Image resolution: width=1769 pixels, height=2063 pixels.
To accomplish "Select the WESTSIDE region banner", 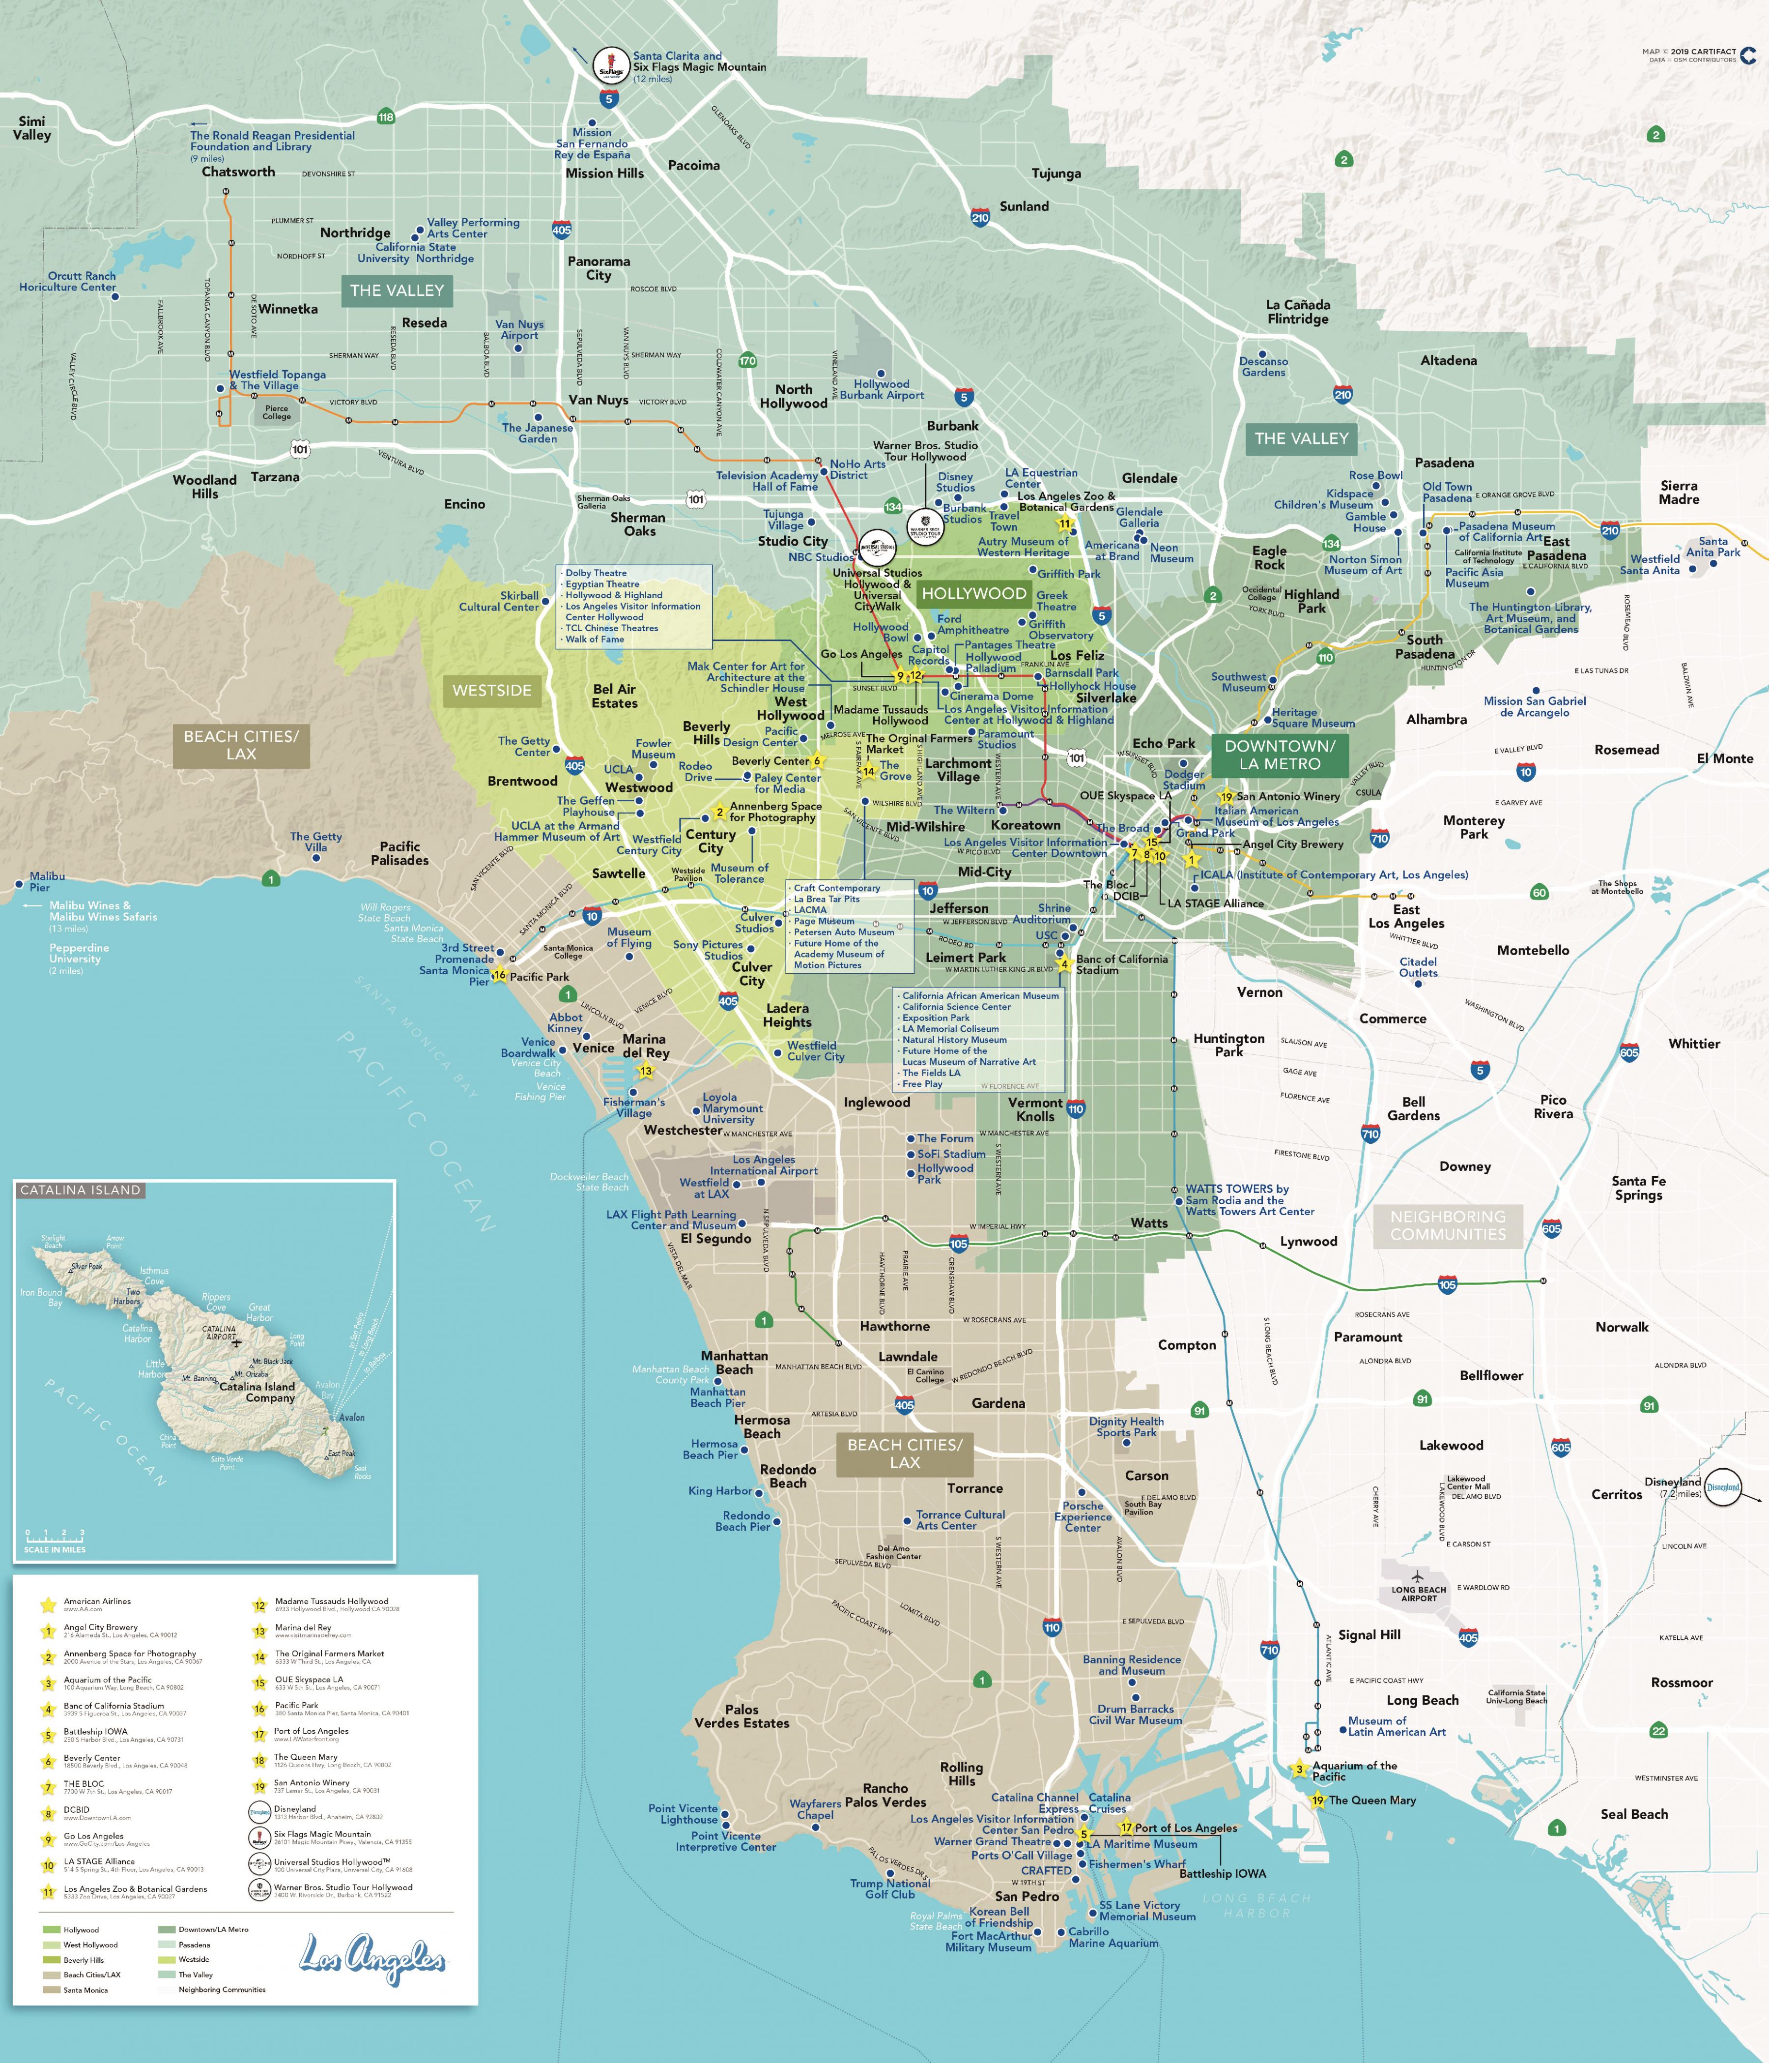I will tap(492, 690).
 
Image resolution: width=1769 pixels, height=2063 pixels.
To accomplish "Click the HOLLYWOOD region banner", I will tap(973, 593).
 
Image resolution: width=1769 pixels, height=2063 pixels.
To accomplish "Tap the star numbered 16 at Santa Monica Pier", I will tap(500, 976).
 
